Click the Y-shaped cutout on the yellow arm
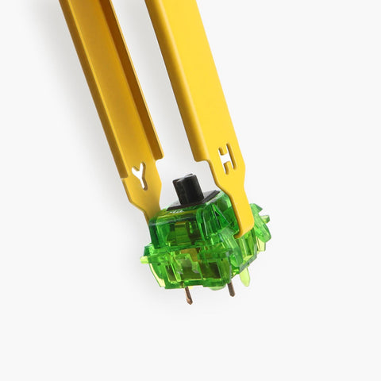click(x=140, y=175)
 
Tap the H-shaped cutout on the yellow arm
click(x=227, y=158)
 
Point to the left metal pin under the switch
click(x=188, y=294)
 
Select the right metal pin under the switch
click(x=230, y=287)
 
